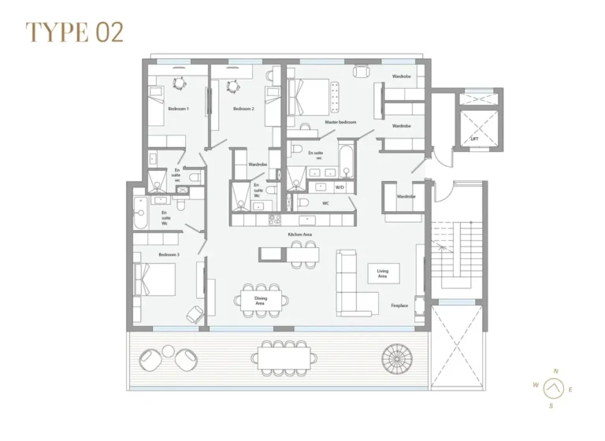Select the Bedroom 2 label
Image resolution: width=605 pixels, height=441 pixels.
coord(243,109)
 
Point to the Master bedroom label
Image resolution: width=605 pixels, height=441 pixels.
coord(340,122)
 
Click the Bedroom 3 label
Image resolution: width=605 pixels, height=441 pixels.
coord(169,255)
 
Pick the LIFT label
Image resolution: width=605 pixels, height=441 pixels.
coord(474,139)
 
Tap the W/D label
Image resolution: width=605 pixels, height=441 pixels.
coord(340,187)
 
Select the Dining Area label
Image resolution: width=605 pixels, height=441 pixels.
coord(260,300)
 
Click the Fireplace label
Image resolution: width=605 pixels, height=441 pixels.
coord(399,306)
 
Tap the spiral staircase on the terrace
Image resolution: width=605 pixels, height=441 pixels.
coord(396,358)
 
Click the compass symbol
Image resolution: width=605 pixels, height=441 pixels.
coord(555,387)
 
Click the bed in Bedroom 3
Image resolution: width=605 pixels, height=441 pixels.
coord(155,280)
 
